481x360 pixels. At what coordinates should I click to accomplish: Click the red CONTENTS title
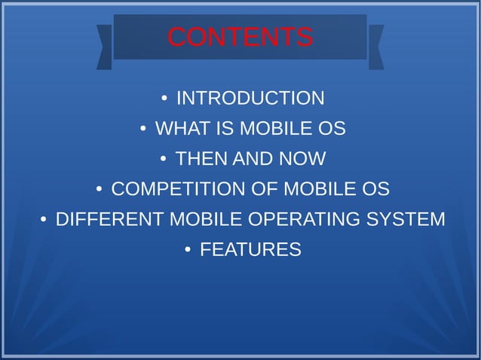(x=240, y=37)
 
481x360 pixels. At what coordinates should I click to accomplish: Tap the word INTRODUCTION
(x=250, y=99)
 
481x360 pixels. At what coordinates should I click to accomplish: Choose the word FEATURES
(x=250, y=249)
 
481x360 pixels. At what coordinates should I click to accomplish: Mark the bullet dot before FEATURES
(x=187, y=250)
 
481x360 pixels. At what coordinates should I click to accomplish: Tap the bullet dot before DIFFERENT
(x=44, y=220)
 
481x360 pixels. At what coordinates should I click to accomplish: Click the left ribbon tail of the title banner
(x=105, y=47)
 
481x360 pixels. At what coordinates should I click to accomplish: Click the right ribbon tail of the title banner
(x=375, y=47)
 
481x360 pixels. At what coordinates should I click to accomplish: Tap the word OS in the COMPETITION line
(x=375, y=189)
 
